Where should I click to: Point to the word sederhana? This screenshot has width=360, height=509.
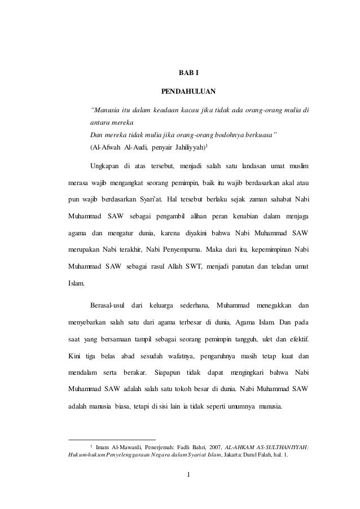coord(195,305)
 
